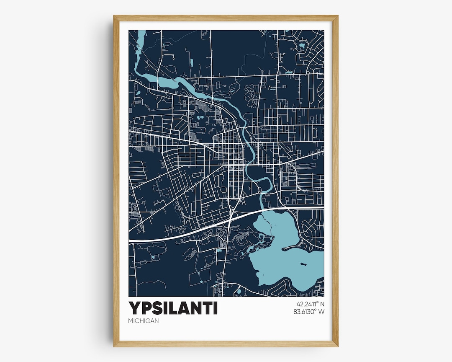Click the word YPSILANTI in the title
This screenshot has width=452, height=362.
pos(173,308)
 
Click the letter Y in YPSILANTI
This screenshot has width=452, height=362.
pos(134,308)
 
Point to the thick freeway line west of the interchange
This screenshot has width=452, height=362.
pos(176,236)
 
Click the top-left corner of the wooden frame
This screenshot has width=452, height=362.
pos(114,16)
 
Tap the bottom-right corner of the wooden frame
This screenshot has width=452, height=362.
pos(337,346)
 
